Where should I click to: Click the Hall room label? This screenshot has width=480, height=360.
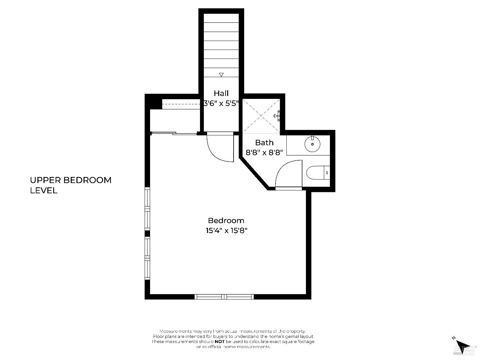221,93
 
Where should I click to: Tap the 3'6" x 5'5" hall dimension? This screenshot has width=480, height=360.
221,103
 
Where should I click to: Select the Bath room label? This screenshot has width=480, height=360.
264,142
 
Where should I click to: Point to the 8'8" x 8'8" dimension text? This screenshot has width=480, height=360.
264,153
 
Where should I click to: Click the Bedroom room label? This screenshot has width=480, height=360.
226,220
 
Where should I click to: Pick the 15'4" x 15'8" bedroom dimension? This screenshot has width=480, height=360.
227,230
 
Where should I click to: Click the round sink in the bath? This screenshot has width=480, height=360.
312,144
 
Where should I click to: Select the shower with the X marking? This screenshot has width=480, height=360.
261,116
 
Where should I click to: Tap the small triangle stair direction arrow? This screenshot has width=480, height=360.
221,75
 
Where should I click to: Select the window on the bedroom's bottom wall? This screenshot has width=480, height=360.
224,297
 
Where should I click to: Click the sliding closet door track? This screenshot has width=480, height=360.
174,133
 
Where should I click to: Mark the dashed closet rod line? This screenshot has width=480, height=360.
181,104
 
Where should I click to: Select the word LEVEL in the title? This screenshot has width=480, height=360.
44,190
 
